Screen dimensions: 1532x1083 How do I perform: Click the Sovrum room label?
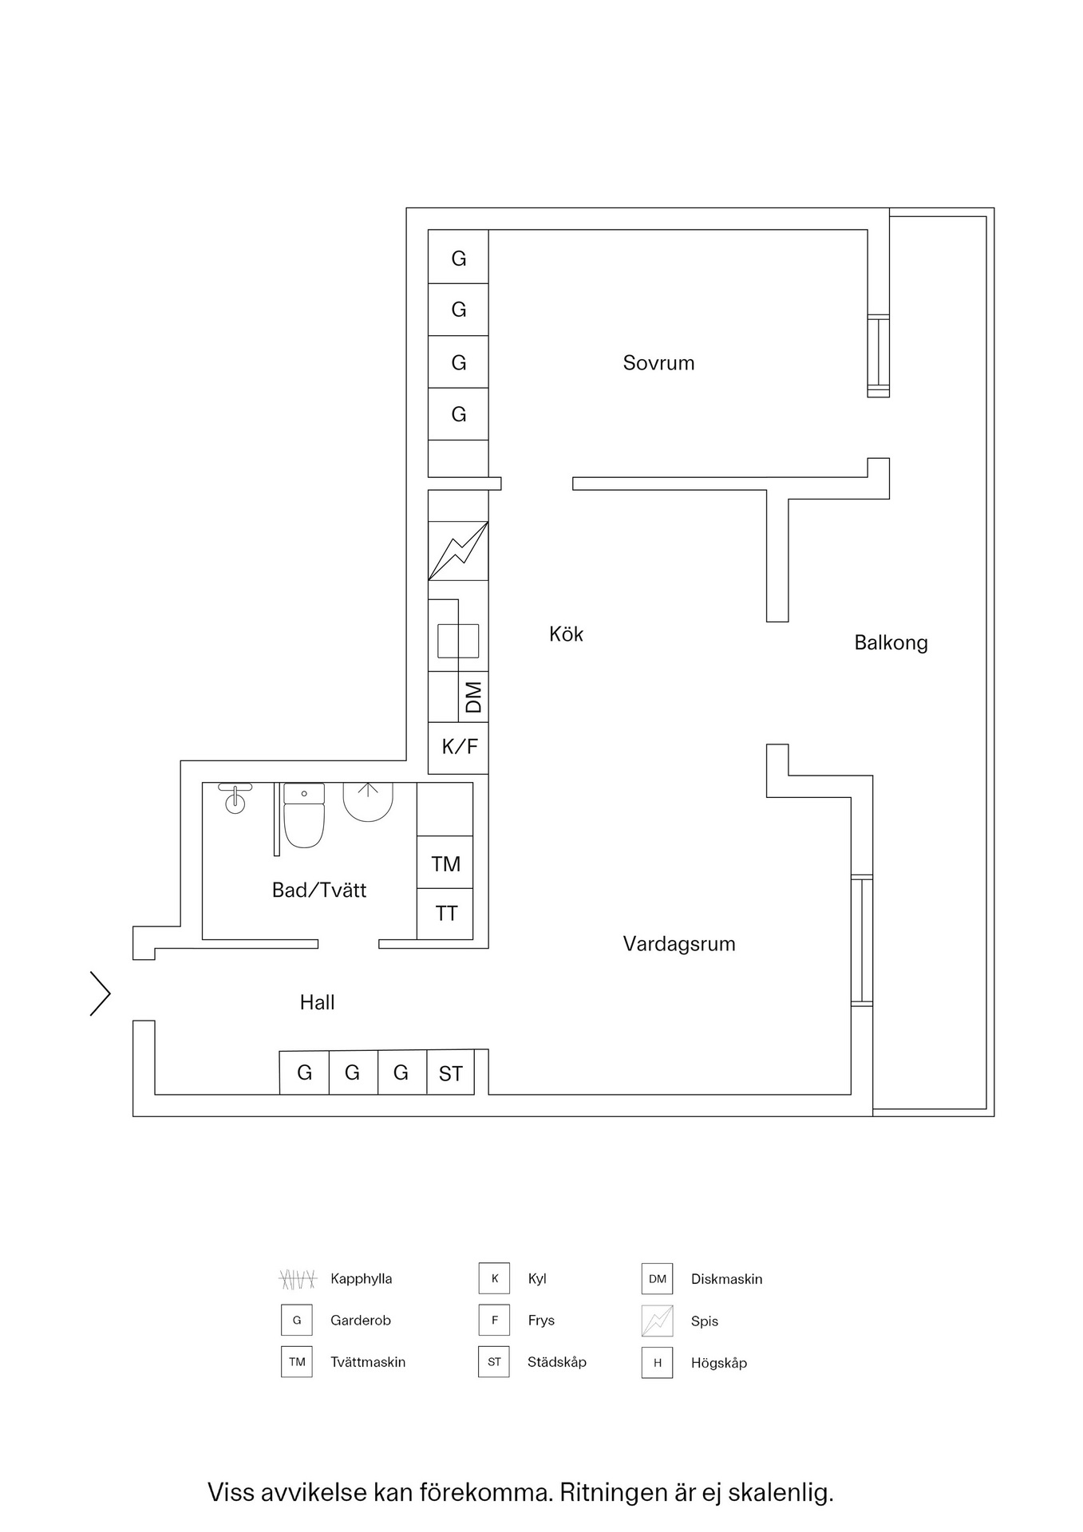(x=658, y=363)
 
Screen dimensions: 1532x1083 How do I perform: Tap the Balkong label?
(x=891, y=642)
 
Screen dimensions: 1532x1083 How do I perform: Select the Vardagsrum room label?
(x=679, y=944)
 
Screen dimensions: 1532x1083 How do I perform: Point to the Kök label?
(x=566, y=634)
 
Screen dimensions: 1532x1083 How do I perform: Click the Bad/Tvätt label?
(x=319, y=890)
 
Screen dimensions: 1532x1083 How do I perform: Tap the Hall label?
(x=317, y=1002)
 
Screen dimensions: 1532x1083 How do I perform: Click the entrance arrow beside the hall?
(x=101, y=993)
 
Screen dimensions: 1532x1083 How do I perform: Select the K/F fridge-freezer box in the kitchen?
(x=459, y=748)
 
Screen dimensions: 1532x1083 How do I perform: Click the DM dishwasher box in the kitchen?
(x=474, y=697)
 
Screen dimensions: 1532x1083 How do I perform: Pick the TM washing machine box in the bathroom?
(x=445, y=863)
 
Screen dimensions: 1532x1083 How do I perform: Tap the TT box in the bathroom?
(x=445, y=914)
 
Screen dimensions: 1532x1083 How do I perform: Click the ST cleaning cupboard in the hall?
(x=450, y=1073)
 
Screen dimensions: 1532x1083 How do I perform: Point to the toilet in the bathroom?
(x=304, y=815)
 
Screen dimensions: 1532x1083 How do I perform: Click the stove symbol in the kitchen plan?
(x=458, y=551)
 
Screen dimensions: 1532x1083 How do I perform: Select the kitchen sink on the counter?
(x=458, y=641)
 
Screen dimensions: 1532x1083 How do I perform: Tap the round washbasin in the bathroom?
(x=235, y=801)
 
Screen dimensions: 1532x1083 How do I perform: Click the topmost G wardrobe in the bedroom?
(x=458, y=258)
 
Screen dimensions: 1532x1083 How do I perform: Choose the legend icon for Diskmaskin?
(x=657, y=1278)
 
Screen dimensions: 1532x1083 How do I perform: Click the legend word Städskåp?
(x=556, y=1362)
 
